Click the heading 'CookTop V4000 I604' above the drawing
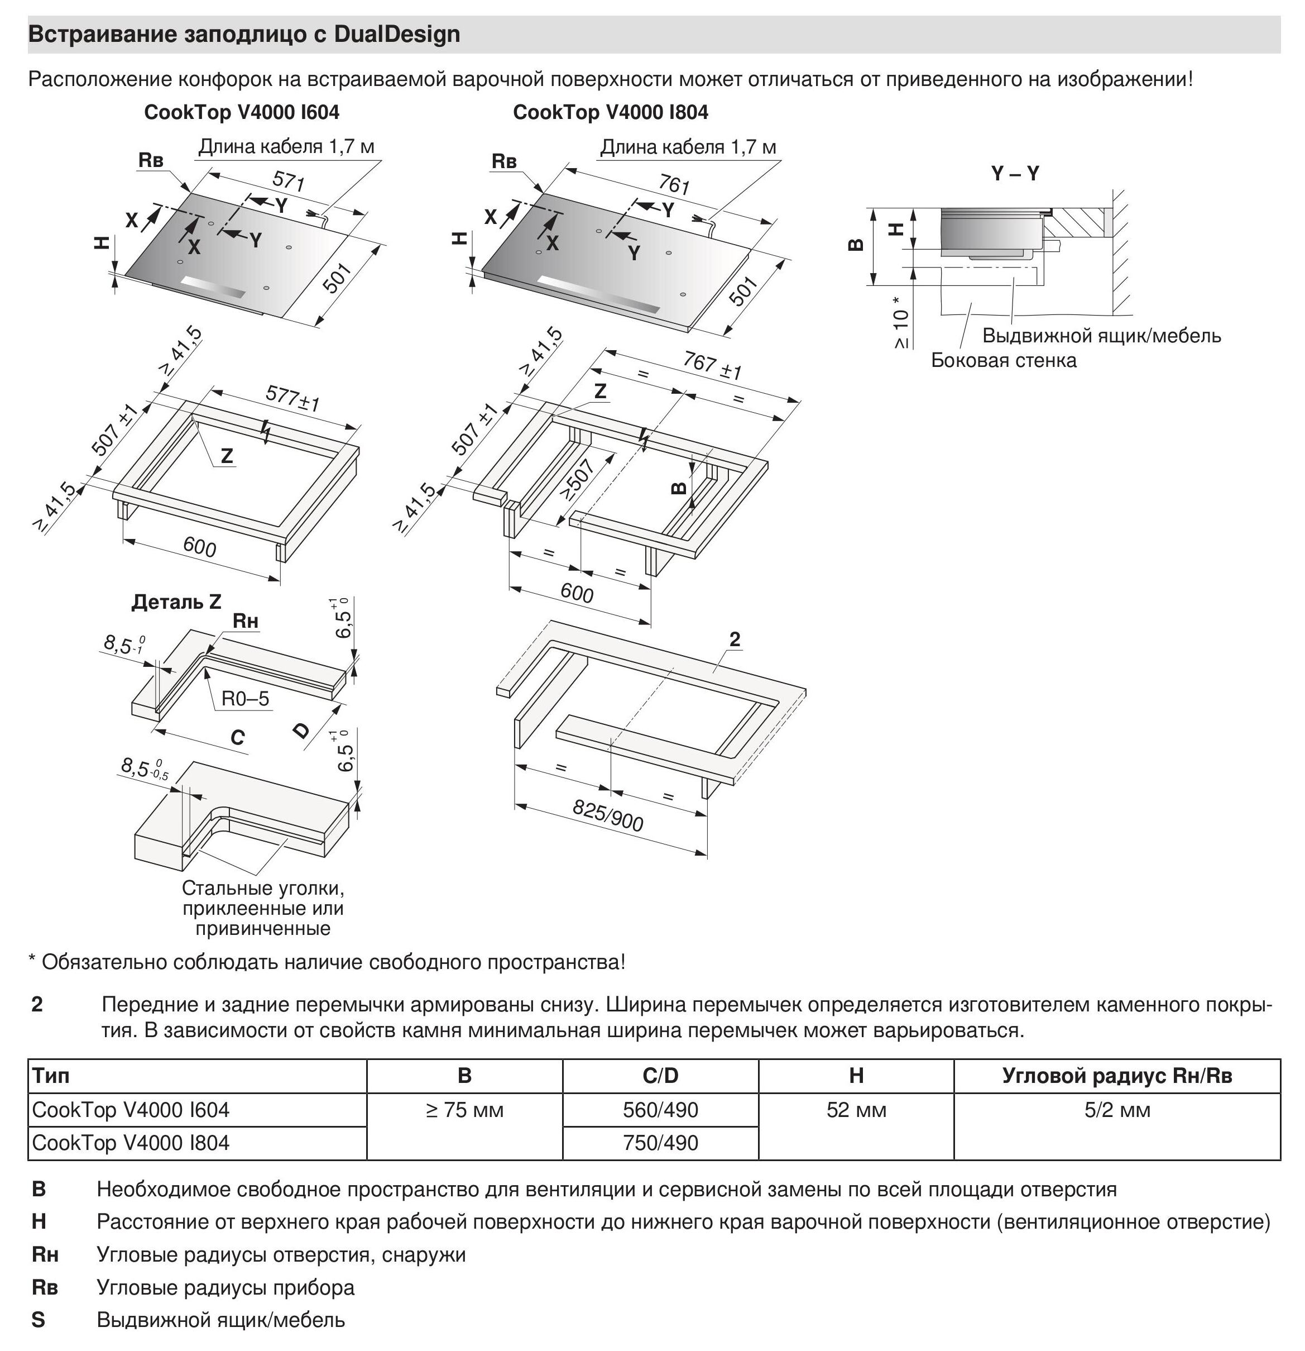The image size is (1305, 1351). (x=241, y=112)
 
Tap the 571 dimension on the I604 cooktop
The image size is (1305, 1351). (x=289, y=182)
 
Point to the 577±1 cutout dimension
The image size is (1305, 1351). (x=293, y=398)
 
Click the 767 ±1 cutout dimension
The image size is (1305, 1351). (x=712, y=365)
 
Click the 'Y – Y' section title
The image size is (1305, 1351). (x=1014, y=174)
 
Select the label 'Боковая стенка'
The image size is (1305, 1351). (x=1003, y=360)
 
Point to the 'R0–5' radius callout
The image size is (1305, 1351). (x=245, y=699)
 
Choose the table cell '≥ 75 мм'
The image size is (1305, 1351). (x=464, y=1110)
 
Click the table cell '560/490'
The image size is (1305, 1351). (x=660, y=1110)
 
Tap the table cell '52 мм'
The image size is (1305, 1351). (x=856, y=1110)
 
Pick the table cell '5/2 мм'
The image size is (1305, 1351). (x=1117, y=1110)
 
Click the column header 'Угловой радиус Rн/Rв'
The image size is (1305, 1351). (x=1117, y=1076)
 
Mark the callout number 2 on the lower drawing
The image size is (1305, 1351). (x=735, y=639)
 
